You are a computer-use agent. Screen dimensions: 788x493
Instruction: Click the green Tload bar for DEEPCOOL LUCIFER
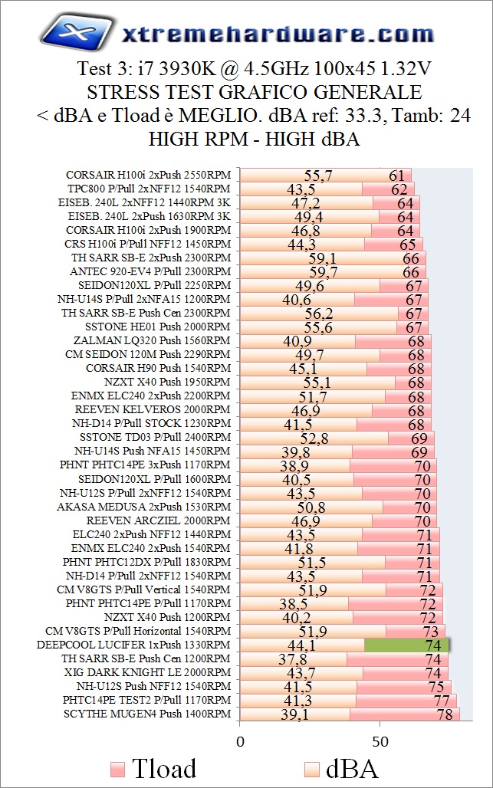coord(406,645)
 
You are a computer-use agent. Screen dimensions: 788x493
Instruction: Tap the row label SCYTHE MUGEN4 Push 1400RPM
coord(147,714)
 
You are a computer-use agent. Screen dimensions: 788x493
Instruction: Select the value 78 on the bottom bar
coord(444,714)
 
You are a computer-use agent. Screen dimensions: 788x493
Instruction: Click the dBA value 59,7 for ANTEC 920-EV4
coord(323,271)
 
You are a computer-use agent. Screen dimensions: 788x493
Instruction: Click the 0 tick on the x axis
coord(241,741)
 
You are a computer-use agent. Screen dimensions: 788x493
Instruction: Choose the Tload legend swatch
coord(117,769)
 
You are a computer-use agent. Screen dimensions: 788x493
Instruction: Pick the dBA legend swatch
coord(313,769)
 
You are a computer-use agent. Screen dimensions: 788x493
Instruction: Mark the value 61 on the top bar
coord(396,175)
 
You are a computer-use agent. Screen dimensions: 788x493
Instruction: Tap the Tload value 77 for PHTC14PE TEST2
coord(441,700)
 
